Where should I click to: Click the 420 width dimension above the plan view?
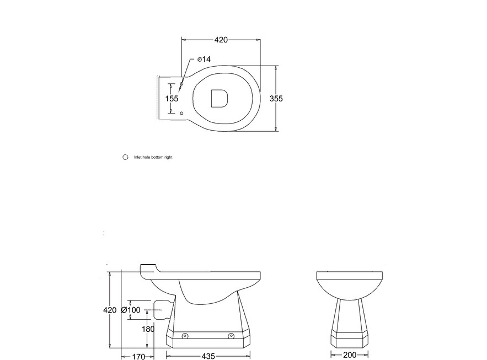(221, 40)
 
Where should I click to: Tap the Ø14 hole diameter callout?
(204, 59)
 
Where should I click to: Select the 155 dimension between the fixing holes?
(172, 98)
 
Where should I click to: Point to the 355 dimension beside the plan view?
(276, 98)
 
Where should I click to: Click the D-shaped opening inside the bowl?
(220, 98)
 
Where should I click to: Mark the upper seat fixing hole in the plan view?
(182, 83)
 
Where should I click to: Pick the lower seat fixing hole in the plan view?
(182, 113)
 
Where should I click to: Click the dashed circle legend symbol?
(125, 157)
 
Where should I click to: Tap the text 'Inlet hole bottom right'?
(153, 157)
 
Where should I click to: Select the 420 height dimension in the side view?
(110, 310)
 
